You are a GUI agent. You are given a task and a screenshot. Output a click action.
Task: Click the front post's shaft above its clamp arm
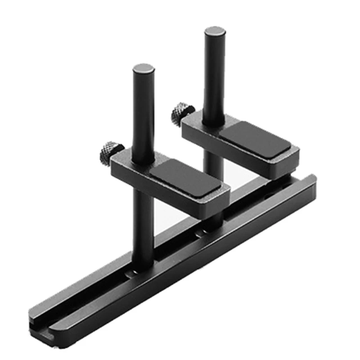pos(144,117)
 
